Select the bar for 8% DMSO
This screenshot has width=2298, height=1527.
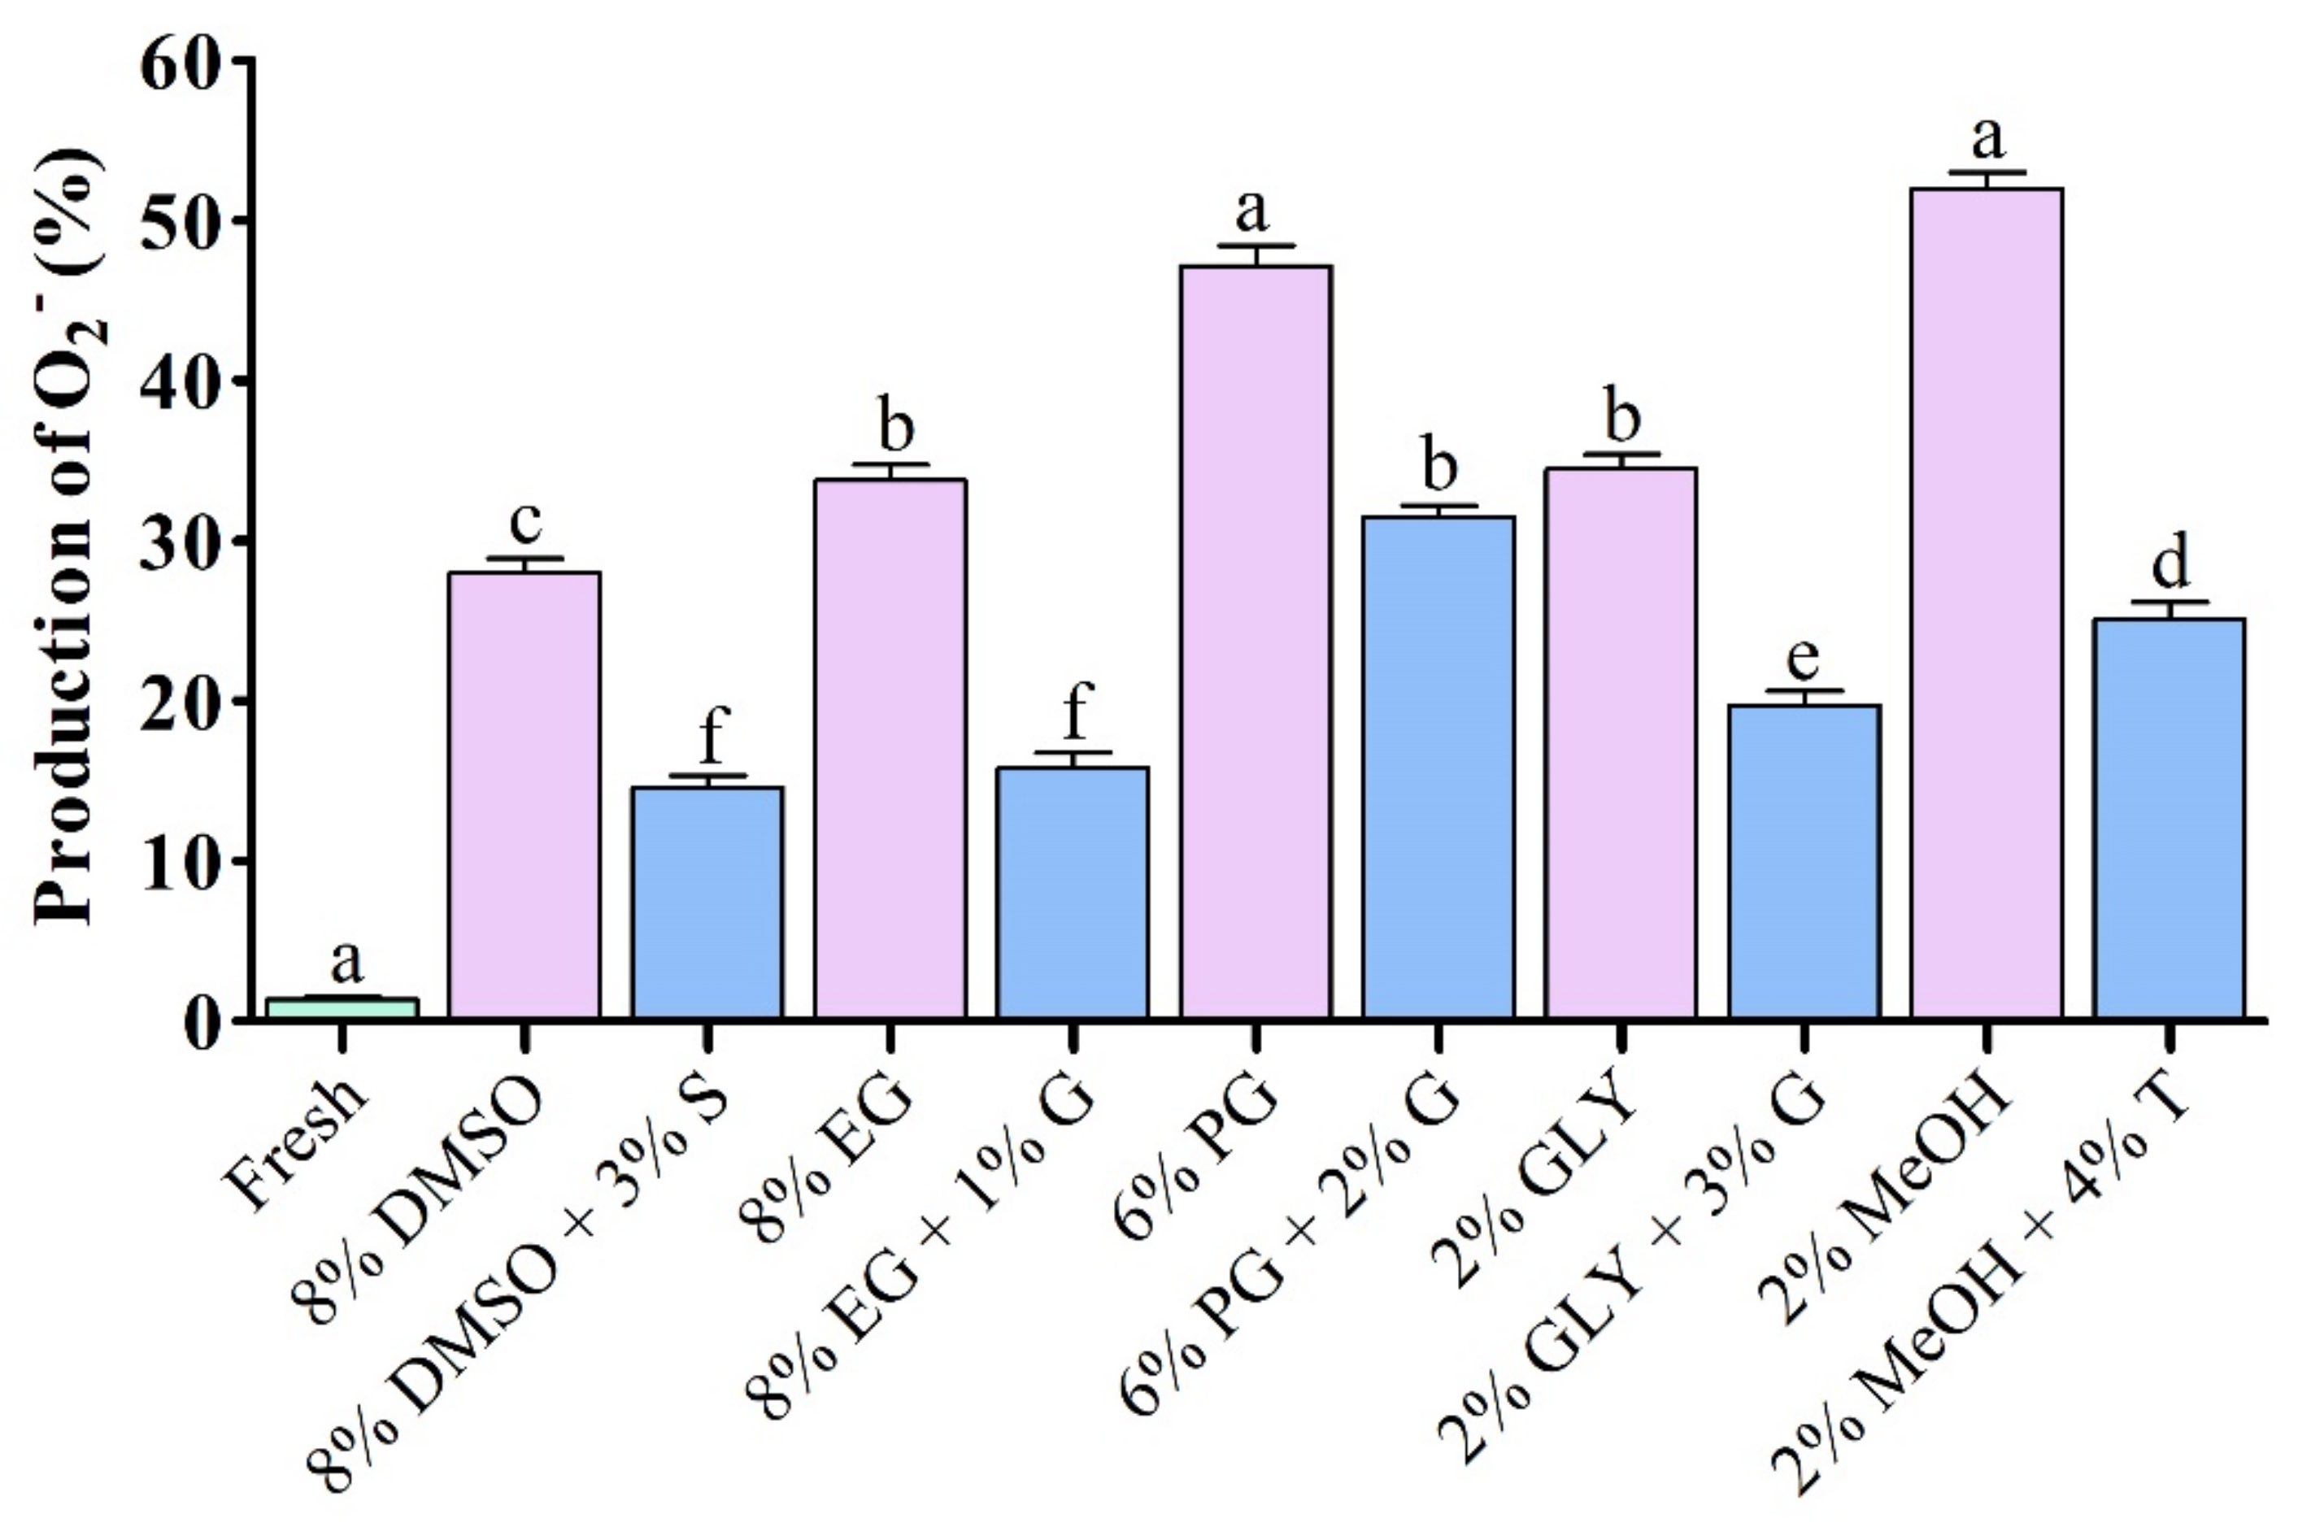click(x=524, y=794)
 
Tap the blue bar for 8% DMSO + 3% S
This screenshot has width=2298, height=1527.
click(x=707, y=901)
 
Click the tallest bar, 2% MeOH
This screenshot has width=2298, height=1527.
click(x=1987, y=604)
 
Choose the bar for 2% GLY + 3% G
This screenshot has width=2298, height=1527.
click(x=1804, y=862)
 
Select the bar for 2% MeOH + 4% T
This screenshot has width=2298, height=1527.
click(x=2170, y=818)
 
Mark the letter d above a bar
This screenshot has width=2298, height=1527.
click(x=2170, y=562)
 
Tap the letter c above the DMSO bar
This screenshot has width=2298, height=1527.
click(x=524, y=524)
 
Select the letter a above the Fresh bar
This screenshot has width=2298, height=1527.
click(x=346, y=962)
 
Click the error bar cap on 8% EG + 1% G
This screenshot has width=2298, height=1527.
click(x=1073, y=753)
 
